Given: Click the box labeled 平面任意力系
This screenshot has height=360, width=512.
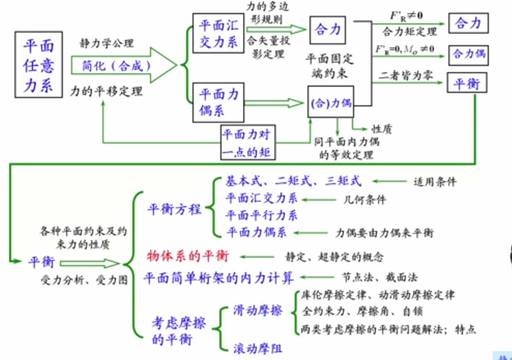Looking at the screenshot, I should tap(38, 64).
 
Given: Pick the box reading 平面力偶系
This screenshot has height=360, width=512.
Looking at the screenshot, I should tap(218, 103).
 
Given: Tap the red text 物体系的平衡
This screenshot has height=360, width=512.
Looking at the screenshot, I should tap(188, 256).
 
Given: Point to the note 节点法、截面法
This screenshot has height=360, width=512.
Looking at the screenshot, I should tap(379, 277).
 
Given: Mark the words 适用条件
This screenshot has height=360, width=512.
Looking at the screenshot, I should tap(435, 182).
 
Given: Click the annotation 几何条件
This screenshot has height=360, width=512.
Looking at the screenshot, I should tap(365, 200).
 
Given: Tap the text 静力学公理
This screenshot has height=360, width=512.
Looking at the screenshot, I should tap(107, 43).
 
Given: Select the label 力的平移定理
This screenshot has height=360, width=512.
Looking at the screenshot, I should tap(106, 91).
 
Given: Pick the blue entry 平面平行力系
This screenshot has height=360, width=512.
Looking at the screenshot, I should tap(261, 215).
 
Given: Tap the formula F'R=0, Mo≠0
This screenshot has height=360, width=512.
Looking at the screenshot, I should tap(404, 49).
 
